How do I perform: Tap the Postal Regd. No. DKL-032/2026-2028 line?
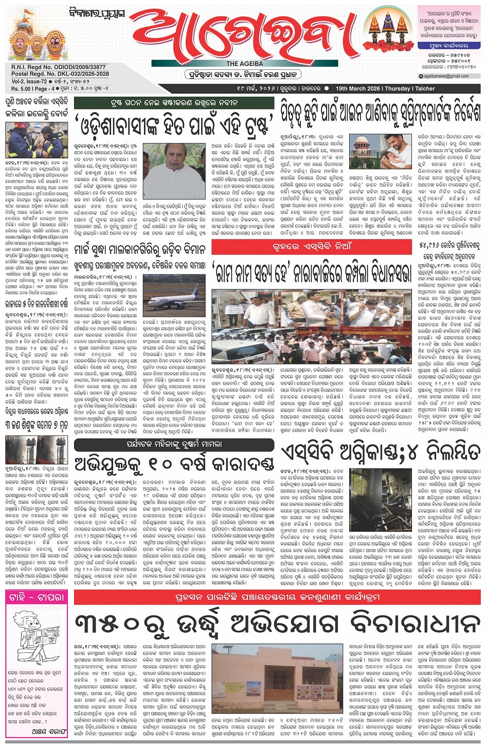pyautogui.click(x=60, y=74)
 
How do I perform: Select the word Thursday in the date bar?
pyautogui.click(x=398, y=88)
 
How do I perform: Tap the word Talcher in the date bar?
pyautogui.click(x=425, y=88)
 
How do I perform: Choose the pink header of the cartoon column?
pyautogui.click(x=37, y=597)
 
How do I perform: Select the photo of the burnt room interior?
pyautogui.click(x=380, y=499)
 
